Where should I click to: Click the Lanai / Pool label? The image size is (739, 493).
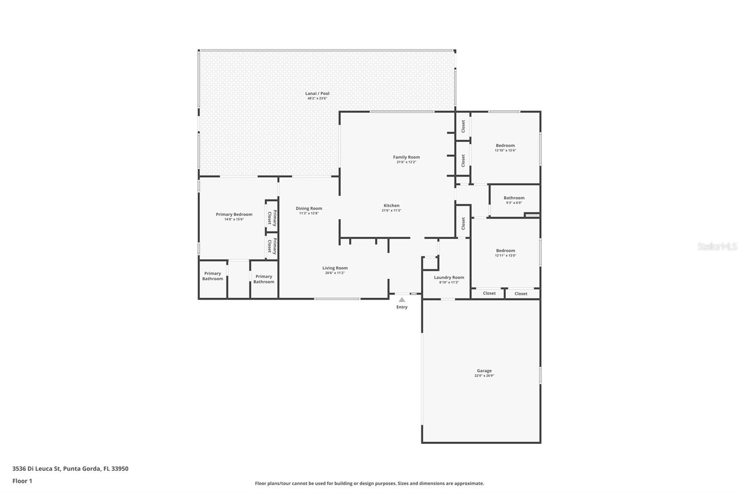tap(317, 93)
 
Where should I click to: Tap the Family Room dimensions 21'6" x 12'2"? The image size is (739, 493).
tap(406, 162)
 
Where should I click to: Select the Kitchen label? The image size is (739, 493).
tap(391, 205)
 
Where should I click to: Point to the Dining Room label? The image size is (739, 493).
tap(309, 208)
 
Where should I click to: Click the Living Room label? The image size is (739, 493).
tap(335, 268)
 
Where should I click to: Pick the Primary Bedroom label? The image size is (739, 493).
tap(234, 214)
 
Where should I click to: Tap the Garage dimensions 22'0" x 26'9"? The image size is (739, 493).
tap(484, 376)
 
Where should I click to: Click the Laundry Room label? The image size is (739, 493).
tap(449, 277)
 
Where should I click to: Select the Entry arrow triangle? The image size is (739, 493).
tap(402, 300)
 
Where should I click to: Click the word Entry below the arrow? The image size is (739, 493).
tap(402, 307)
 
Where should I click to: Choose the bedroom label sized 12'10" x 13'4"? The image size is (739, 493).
tap(505, 145)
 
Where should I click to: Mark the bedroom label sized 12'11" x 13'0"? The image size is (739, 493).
tap(505, 251)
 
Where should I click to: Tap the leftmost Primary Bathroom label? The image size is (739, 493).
tap(212, 276)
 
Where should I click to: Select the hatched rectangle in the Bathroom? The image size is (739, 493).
tap(532, 215)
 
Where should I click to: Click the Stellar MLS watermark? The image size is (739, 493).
tap(717, 247)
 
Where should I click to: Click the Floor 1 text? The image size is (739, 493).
tap(22, 481)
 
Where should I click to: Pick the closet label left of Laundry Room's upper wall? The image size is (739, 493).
tap(463, 223)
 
